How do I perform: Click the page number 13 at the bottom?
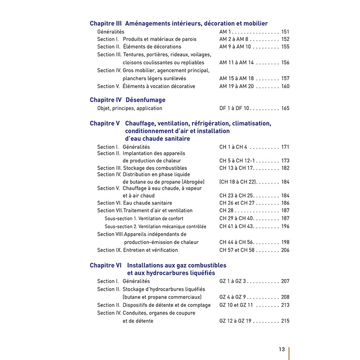(x=282, y=349)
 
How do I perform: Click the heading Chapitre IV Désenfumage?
(x=127, y=100)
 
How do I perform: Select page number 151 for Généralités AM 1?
(x=285, y=32)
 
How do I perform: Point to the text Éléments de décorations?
(x=152, y=47)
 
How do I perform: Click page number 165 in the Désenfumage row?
(x=285, y=108)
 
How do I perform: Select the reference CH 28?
(x=226, y=211)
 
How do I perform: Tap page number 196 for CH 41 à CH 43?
(x=285, y=227)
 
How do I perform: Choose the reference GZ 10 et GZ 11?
(x=236, y=305)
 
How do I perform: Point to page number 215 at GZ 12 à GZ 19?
(x=285, y=321)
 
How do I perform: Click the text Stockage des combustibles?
(x=155, y=168)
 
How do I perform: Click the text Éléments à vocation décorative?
(x=159, y=86)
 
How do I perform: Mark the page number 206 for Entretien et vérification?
(x=285, y=250)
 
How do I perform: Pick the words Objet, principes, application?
(x=130, y=108)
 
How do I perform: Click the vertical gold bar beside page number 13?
(x=289, y=353)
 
